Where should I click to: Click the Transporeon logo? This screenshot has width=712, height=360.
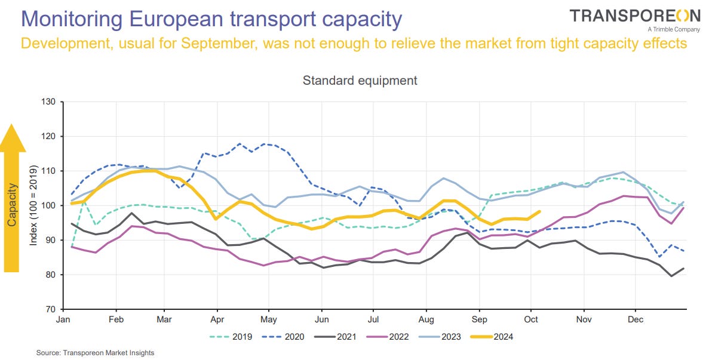pos(634,16)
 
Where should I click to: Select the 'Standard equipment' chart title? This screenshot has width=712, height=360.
pos(360,80)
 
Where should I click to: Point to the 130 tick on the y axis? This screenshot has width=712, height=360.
pos(48,102)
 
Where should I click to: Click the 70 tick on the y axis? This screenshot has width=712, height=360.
pos(50,309)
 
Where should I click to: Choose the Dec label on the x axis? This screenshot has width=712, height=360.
pos(636,320)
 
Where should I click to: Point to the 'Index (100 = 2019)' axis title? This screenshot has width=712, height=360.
pos(33,205)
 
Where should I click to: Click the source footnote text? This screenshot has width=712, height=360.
pos(96,353)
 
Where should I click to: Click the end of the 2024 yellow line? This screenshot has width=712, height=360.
pos(539,211)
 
